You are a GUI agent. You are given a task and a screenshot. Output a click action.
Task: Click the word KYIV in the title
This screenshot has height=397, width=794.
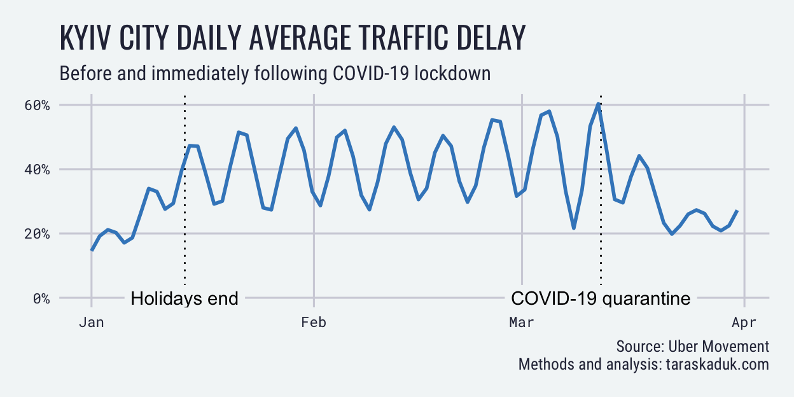coord(85,38)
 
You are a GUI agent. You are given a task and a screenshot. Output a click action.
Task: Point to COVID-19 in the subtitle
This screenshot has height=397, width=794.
coord(370,73)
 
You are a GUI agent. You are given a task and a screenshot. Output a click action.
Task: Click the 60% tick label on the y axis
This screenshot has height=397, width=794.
coord(37,105)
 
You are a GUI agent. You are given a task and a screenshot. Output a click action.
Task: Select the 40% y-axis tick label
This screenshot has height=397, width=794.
coord(37,170)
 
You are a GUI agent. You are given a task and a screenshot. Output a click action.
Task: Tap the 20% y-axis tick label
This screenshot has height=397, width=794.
coord(37,234)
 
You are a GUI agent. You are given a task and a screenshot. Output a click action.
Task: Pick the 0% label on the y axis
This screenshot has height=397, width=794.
coord(41,298)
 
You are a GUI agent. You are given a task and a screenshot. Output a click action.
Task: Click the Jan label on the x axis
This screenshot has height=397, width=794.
coord(92,323)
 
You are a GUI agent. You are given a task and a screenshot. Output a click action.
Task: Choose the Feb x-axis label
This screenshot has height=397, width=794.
coord(314,323)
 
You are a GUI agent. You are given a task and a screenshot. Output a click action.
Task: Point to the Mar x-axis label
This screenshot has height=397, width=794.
coord(522,323)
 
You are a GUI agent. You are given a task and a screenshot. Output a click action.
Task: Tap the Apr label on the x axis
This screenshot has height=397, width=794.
coord(744,323)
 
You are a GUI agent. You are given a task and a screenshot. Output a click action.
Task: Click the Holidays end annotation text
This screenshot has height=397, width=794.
coord(185,298)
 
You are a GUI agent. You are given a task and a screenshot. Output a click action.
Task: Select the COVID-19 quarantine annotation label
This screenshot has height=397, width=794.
coord(601,298)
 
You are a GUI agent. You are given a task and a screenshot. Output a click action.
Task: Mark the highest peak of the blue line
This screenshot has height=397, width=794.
coord(598,104)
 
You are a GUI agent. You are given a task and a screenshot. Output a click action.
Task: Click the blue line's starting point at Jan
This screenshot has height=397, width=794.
coord(92,250)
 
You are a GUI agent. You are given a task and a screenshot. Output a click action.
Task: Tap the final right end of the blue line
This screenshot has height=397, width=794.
coord(737,211)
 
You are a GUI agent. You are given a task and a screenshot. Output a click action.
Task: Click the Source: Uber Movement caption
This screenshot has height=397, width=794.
coord(693,346)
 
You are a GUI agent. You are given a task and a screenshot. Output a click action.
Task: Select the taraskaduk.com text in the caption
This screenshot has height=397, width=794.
coord(718,365)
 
